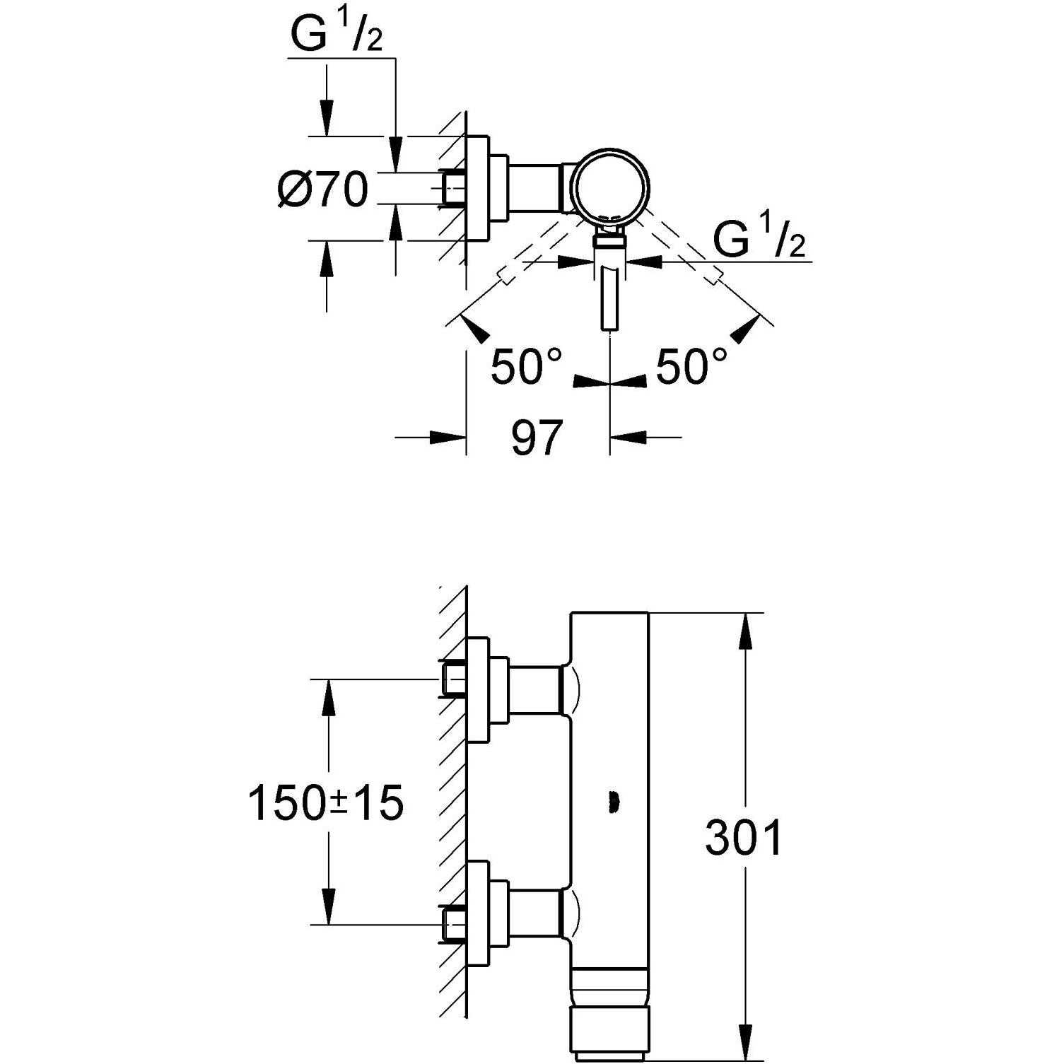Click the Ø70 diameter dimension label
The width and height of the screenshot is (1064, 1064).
pyautogui.click(x=323, y=189)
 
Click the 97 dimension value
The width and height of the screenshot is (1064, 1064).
pyautogui.click(x=537, y=438)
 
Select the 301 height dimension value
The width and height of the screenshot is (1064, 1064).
pyautogui.click(x=744, y=838)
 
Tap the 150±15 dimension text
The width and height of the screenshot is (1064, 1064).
pyautogui.click(x=326, y=803)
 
